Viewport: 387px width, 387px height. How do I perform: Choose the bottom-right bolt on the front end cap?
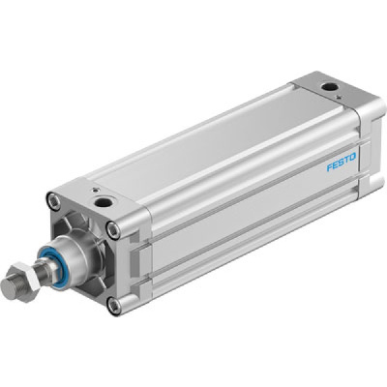pos(115,306)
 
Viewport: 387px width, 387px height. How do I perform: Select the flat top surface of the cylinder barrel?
pos(213,145)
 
